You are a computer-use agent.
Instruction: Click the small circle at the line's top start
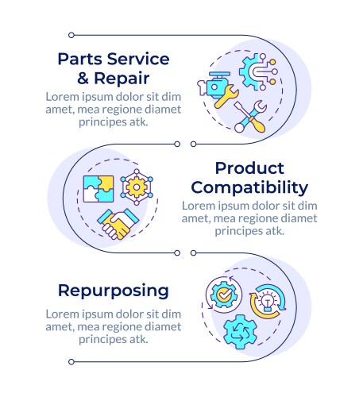coord(71,35)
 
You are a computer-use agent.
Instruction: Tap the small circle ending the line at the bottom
coord(71,362)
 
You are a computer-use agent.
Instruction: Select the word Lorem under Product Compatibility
coord(199,206)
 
